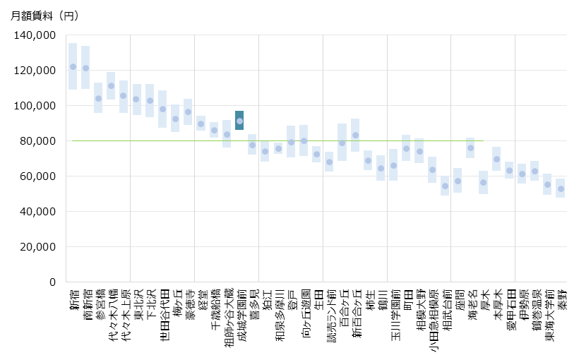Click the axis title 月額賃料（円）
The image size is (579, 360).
[x=45, y=16]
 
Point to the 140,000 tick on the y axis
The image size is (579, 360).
[x=35, y=35]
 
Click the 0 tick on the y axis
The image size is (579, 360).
[x=52, y=282]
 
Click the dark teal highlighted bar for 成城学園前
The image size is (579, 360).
[x=240, y=121]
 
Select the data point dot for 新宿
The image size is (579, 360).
[x=73, y=66]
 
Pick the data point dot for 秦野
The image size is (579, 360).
[x=561, y=189]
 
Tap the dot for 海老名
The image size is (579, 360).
[x=470, y=148]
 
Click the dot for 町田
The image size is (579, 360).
[x=406, y=149]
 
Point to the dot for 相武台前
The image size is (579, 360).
[x=445, y=186]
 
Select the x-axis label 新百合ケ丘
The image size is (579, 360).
[x=355, y=315]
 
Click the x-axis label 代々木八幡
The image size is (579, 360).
[x=112, y=315]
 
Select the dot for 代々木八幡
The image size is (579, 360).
[x=111, y=86]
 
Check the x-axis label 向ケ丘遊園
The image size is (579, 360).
[x=304, y=315]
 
